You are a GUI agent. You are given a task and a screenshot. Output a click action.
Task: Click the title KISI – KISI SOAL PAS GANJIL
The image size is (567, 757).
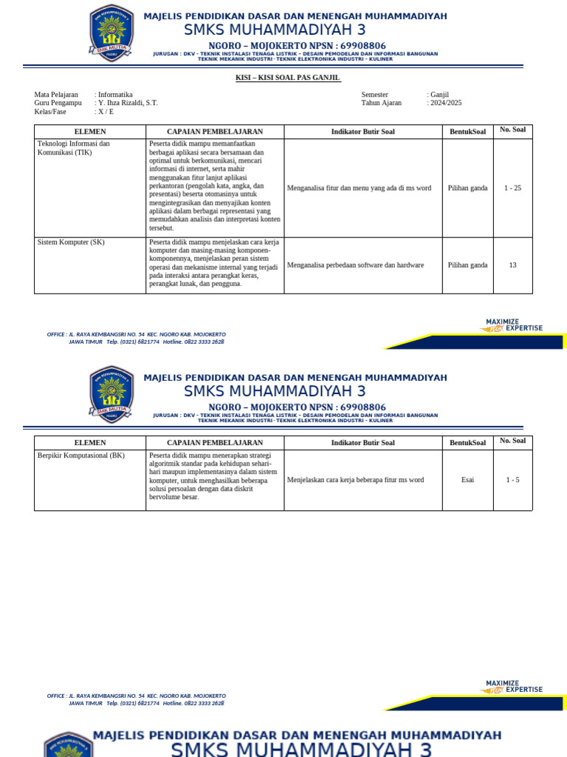(x=283, y=78)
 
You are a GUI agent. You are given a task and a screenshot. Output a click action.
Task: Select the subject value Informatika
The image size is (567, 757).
(x=116, y=95)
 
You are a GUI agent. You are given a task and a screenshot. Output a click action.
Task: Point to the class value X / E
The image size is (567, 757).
(x=106, y=112)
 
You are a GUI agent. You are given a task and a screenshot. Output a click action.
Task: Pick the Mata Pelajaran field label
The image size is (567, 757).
(x=56, y=95)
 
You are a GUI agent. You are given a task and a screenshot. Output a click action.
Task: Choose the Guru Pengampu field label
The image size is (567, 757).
(x=58, y=103)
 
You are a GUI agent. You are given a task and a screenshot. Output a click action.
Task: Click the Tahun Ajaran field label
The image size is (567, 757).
(x=382, y=103)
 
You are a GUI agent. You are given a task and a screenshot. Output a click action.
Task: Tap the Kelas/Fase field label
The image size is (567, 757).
(x=50, y=112)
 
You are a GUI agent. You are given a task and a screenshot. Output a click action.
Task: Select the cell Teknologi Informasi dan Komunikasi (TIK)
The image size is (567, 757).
(x=74, y=148)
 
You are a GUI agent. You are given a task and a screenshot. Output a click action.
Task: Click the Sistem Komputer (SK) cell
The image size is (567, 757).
(x=72, y=242)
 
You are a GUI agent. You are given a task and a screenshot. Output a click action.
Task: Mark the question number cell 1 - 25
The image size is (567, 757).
(x=512, y=188)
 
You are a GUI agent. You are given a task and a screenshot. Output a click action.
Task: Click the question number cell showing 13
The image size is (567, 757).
(x=512, y=265)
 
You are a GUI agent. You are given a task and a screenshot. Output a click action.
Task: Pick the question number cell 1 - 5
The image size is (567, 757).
(x=512, y=480)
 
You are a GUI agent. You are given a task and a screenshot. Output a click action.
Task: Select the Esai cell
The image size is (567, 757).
(x=467, y=480)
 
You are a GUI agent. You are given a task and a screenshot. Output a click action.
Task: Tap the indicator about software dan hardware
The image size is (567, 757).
(x=355, y=265)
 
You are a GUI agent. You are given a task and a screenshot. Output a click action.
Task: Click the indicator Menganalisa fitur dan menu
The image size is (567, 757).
(x=359, y=188)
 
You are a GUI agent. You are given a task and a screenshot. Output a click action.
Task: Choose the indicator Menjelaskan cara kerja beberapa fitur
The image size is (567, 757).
(x=355, y=480)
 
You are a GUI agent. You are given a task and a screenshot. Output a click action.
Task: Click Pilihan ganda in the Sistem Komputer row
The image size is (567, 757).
(x=467, y=265)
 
